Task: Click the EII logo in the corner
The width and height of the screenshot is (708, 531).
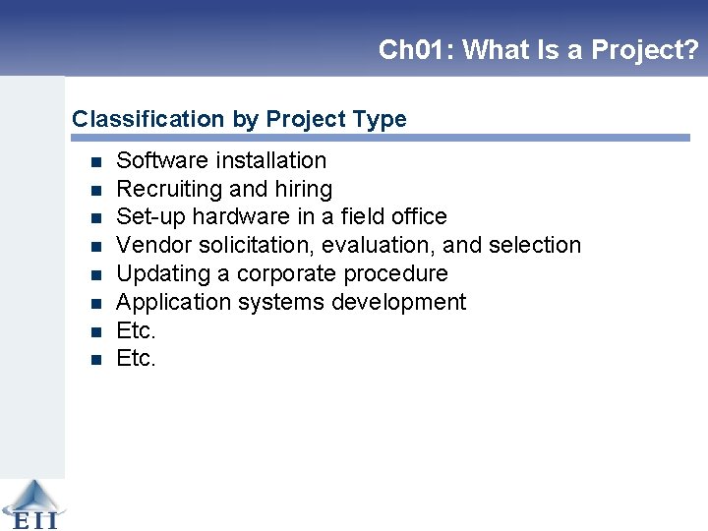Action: click(x=31, y=504)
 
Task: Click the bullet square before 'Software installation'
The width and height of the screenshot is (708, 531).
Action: click(x=95, y=161)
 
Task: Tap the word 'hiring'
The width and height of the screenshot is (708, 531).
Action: click(x=300, y=189)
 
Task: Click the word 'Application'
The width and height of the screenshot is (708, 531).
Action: click(x=169, y=302)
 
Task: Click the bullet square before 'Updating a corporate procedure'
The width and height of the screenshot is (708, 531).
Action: click(x=95, y=274)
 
